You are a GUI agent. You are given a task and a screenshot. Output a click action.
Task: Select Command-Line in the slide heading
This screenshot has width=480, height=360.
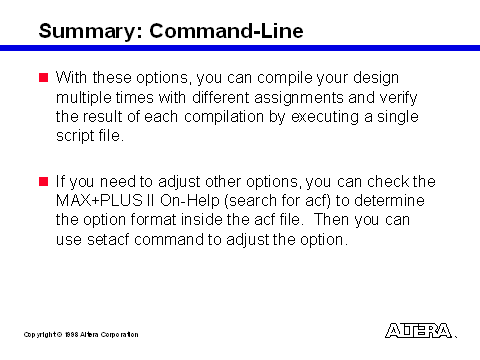click(x=226, y=31)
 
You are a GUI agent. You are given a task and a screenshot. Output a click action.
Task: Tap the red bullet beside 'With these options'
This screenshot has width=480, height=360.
click(x=44, y=78)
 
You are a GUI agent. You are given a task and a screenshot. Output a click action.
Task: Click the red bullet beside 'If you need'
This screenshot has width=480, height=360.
click(x=44, y=182)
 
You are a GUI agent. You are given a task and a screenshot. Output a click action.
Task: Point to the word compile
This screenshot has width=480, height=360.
click(x=285, y=78)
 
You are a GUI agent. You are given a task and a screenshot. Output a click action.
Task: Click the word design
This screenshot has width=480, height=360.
click(x=376, y=78)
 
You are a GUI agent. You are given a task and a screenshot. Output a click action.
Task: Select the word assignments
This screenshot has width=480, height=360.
click(x=299, y=98)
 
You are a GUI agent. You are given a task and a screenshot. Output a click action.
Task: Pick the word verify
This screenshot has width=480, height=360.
click(x=398, y=98)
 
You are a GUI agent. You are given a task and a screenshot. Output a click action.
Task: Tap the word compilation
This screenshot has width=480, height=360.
click(x=224, y=117)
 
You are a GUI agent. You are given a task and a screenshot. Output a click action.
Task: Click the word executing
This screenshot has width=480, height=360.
click(x=325, y=117)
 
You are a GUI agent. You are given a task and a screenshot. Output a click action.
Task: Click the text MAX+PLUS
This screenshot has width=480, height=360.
click(x=99, y=201)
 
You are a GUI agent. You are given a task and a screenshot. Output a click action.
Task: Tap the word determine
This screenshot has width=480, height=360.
click(x=389, y=201)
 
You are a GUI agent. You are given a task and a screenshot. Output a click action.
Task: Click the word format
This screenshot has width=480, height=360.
click(x=153, y=220)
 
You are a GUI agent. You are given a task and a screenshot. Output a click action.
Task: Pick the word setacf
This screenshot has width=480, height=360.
click(x=108, y=240)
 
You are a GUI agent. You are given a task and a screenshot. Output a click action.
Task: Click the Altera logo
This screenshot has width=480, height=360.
click(x=419, y=331)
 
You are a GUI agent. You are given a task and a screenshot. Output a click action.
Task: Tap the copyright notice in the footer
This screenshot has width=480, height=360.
click(x=81, y=334)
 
